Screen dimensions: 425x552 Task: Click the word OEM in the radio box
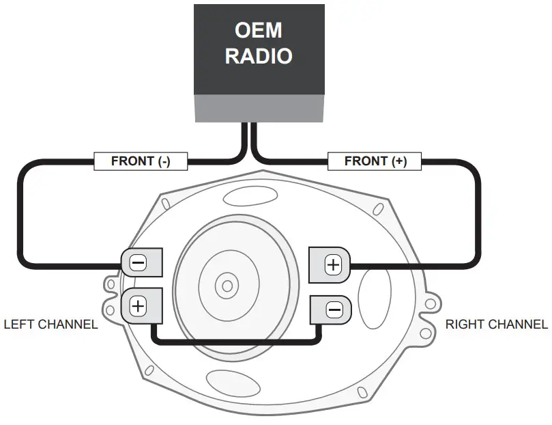coord(258,31)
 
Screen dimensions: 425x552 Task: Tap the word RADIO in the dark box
coord(258,55)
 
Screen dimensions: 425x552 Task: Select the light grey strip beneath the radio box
coord(258,109)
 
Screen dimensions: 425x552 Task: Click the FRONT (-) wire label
coord(141,161)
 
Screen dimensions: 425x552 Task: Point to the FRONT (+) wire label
coord(375,161)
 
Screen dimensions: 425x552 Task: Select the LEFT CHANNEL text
coord(50,324)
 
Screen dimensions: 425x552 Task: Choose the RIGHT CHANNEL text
coord(496,324)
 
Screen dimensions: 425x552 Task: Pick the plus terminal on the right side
coord(332,264)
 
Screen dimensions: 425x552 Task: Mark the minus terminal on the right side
coord(333,310)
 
